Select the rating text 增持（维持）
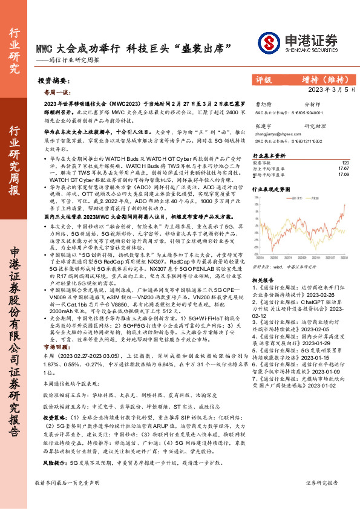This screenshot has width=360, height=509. (x=327, y=79)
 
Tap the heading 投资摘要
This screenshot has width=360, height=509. (x=51, y=80)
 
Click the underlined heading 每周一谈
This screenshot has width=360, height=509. (x=54, y=93)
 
